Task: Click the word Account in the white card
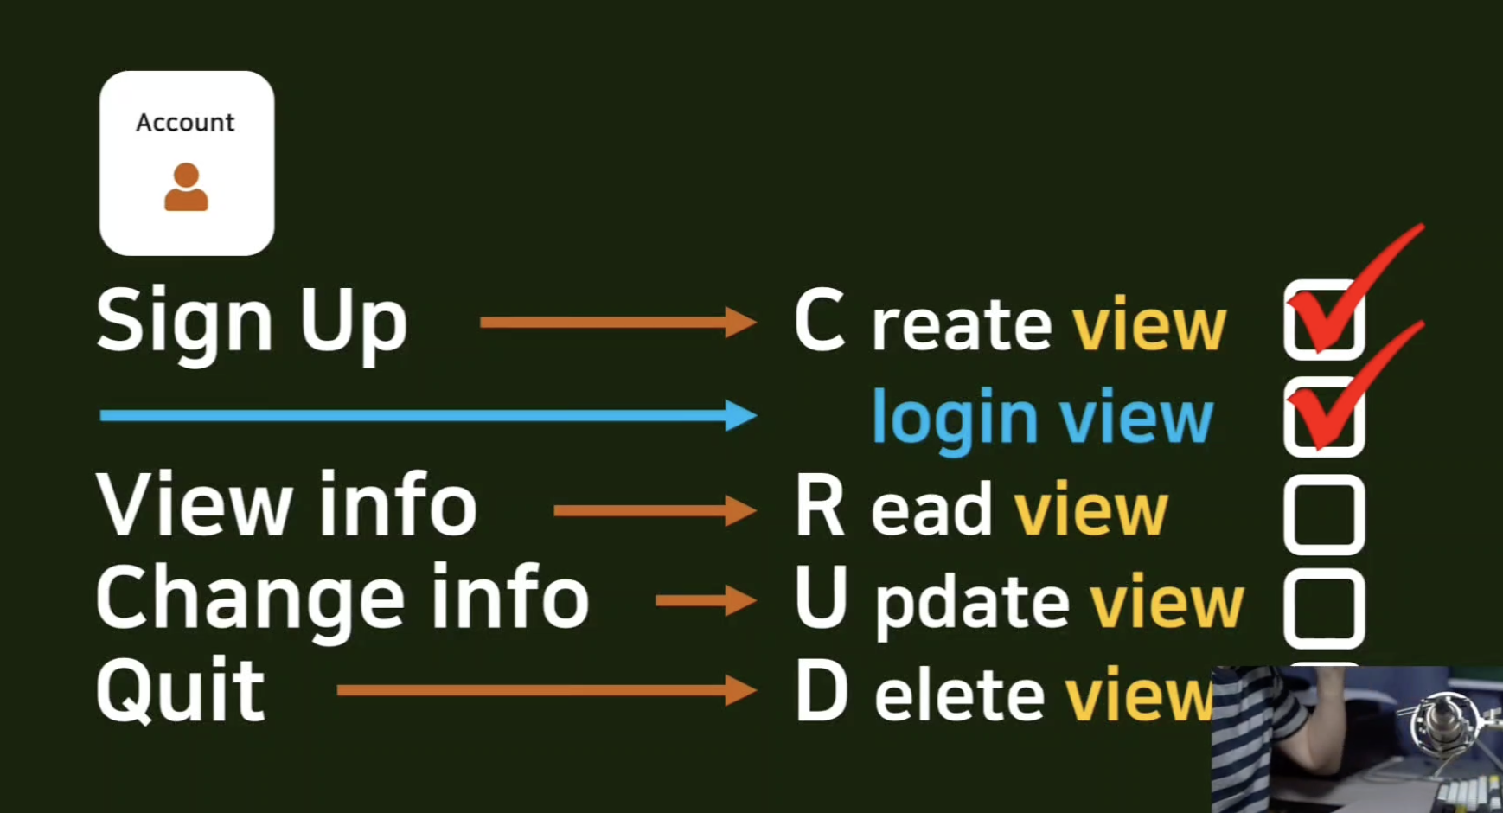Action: pyautogui.click(x=185, y=123)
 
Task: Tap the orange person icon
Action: pyautogui.click(x=186, y=187)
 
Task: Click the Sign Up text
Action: pyautogui.click(x=251, y=323)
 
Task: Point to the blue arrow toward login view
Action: pyautogui.click(x=427, y=415)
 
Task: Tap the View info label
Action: pyautogui.click(x=286, y=505)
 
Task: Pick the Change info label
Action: pyautogui.click(x=342, y=598)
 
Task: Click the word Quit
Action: pyautogui.click(x=181, y=690)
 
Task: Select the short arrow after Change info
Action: pyautogui.click(x=706, y=599)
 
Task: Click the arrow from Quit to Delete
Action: pyautogui.click(x=546, y=690)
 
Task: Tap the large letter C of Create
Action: pyautogui.click(x=819, y=321)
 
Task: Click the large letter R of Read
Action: pyautogui.click(x=819, y=507)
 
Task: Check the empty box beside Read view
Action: pyautogui.click(x=1324, y=515)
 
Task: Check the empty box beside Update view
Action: pyautogui.click(x=1324, y=609)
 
